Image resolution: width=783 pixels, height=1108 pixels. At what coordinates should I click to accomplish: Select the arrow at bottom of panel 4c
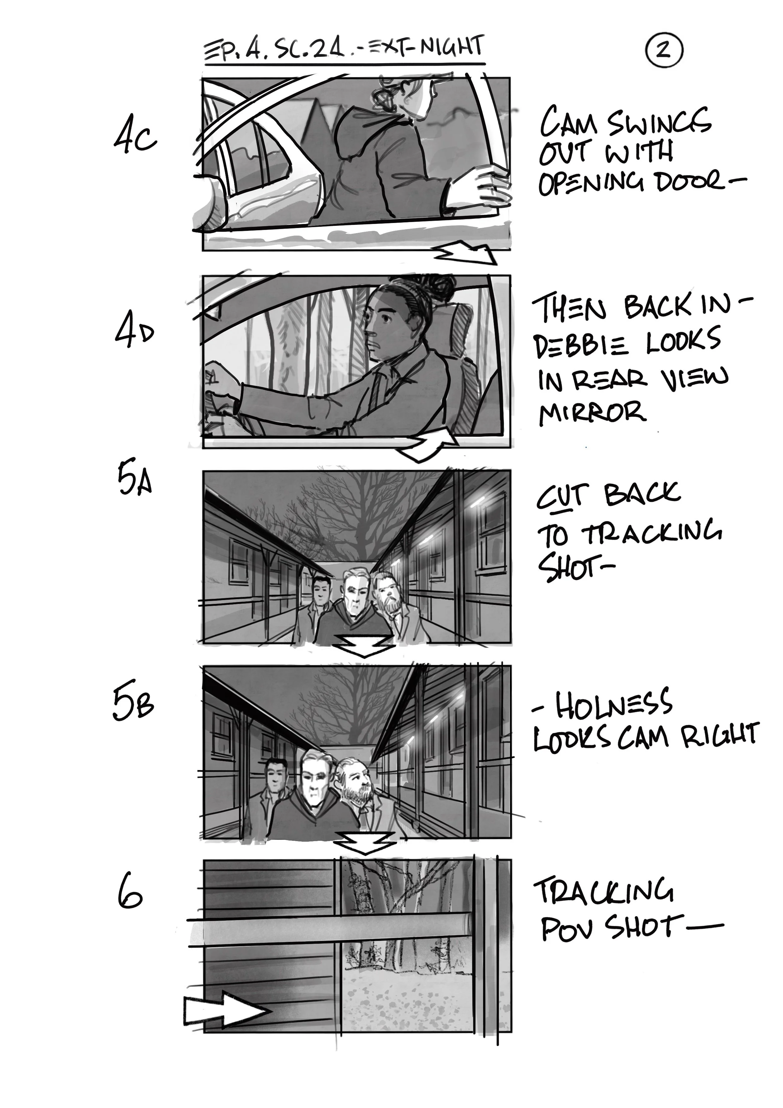click(468, 253)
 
